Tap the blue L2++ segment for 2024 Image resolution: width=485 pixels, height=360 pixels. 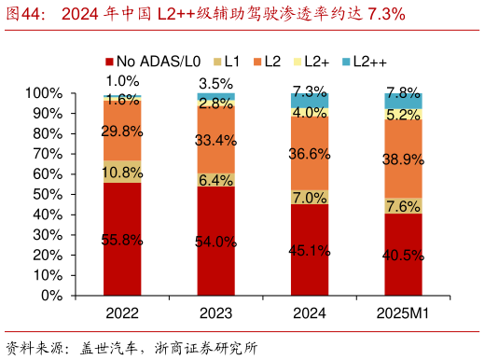coord(310,100)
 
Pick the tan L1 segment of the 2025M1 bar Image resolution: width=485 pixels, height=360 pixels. coord(403,206)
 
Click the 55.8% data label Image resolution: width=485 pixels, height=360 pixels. coord(122,241)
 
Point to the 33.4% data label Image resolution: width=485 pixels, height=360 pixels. coord(215,141)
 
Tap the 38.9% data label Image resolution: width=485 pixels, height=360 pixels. coord(403,160)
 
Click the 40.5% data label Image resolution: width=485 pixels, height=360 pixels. coord(403,255)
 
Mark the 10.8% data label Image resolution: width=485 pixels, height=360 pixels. coord(122,173)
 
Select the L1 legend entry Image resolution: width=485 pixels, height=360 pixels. coord(227,62)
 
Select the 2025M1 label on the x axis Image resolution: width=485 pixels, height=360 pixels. coord(403,313)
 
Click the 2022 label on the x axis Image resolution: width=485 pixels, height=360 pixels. coord(122,313)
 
